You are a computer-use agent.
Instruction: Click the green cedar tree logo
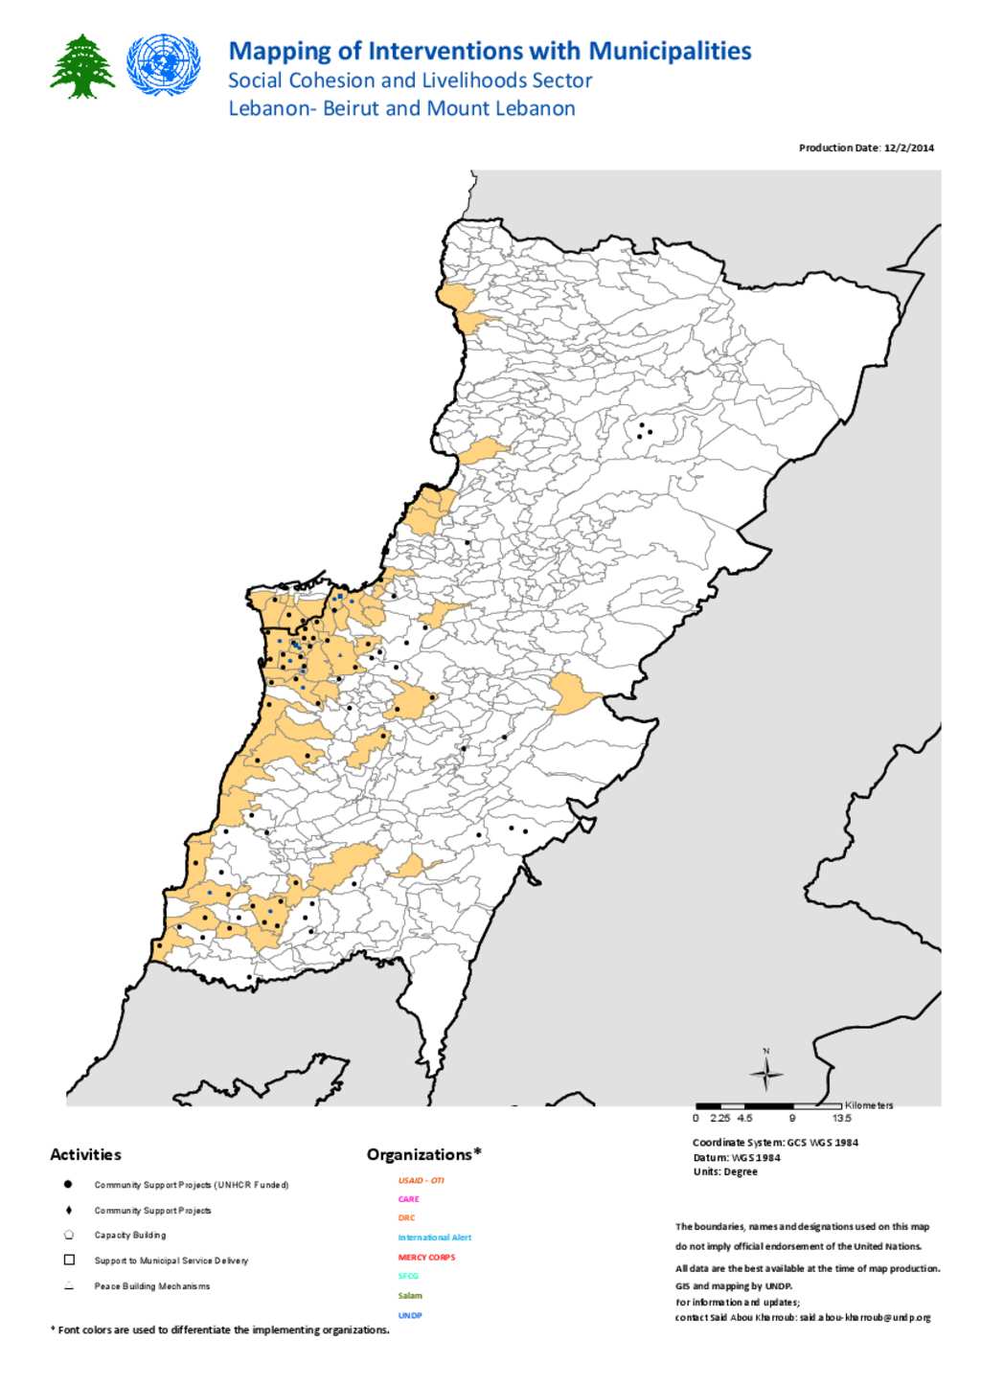[82, 66]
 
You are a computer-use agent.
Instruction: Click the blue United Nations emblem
[164, 64]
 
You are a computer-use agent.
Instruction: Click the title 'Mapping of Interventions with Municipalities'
[490, 51]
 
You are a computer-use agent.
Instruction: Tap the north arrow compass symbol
[766, 1075]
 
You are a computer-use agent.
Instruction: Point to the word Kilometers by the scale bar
[869, 1105]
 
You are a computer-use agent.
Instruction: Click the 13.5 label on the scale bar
[841, 1118]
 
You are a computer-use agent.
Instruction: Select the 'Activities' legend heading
[85, 1154]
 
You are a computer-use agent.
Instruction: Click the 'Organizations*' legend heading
[423, 1154]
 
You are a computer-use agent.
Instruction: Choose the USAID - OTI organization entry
[421, 1180]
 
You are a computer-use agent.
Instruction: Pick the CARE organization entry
[408, 1199]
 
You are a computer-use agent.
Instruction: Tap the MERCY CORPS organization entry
[426, 1257]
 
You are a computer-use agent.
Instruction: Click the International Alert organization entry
[434, 1238]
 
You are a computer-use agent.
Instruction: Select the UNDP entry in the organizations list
[410, 1315]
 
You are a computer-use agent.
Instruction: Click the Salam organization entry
[410, 1296]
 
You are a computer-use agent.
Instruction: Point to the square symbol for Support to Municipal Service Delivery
[69, 1260]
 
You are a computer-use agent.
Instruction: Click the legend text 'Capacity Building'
[130, 1235]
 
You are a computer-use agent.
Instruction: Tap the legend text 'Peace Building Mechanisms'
[151, 1286]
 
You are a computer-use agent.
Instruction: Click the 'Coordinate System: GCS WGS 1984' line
[775, 1142]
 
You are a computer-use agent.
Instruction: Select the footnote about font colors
[220, 1329]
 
